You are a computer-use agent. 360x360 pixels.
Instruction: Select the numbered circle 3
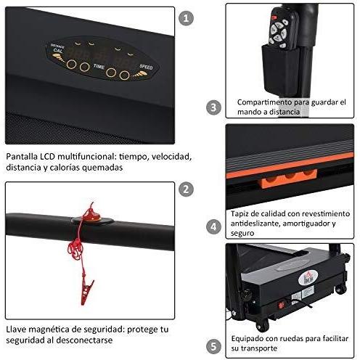[x=213, y=107]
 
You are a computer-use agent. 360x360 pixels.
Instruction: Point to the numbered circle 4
[x=213, y=226]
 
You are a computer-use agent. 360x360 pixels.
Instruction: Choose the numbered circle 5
[x=213, y=345]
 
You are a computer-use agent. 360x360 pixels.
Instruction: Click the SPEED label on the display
[x=146, y=65]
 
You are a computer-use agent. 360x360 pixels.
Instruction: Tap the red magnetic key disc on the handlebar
[x=91, y=215]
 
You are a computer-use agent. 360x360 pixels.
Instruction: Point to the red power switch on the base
[x=295, y=296]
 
